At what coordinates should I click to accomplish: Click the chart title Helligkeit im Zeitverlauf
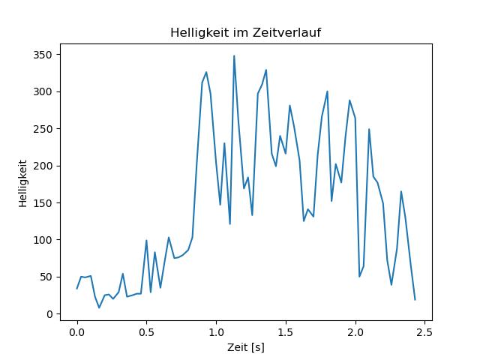(245, 32)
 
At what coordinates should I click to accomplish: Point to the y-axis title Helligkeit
(23, 183)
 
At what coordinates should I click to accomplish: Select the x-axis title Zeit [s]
(246, 347)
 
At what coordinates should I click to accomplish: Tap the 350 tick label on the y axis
(43, 55)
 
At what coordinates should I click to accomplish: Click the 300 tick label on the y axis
(43, 91)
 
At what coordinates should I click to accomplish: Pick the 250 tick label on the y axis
(43, 129)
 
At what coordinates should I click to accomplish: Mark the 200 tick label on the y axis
(43, 166)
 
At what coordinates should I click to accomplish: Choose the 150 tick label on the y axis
(43, 203)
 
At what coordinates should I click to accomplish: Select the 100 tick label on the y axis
(43, 240)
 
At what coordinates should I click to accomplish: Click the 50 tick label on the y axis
(46, 277)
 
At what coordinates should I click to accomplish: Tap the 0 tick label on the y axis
(49, 314)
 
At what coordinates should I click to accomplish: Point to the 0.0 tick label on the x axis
(77, 332)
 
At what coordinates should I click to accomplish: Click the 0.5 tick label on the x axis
(147, 332)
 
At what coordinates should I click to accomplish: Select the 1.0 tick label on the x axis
(217, 332)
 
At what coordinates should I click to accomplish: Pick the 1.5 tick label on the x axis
(286, 332)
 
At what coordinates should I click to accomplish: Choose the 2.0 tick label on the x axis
(355, 332)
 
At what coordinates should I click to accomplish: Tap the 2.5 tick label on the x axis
(425, 332)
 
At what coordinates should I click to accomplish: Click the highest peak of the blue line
(234, 56)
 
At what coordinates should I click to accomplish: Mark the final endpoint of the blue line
(415, 300)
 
